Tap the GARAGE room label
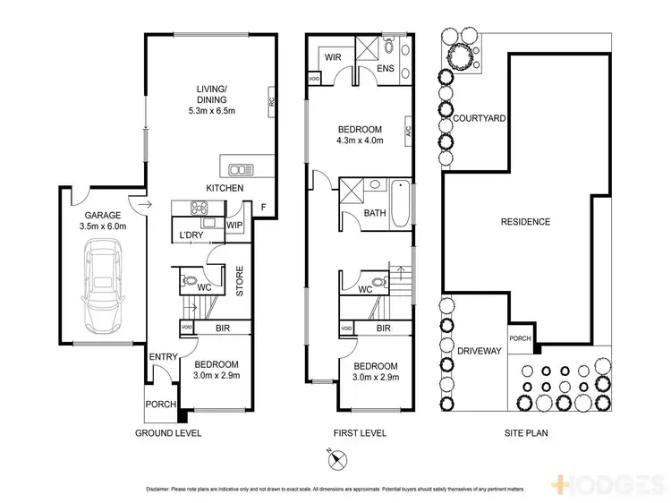click(102, 216)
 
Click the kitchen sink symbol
click(239, 167)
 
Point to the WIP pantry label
click(235, 226)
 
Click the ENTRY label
click(164, 357)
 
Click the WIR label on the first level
click(333, 56)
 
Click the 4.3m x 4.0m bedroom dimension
click(359, 141)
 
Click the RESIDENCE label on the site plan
click(525, 221)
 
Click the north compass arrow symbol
click(335, 459)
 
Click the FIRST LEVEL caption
click(359, 432)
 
